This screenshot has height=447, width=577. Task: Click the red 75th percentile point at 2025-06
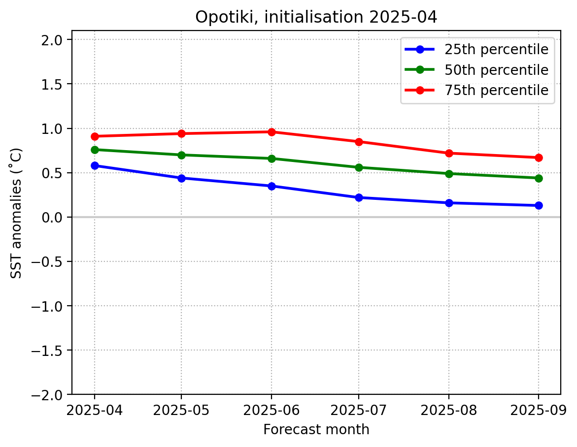coord(272,132)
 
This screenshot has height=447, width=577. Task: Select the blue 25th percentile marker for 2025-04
coord(95,165)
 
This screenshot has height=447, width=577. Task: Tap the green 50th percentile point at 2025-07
coord(359,167)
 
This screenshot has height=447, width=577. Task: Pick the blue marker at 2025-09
coord(539,205)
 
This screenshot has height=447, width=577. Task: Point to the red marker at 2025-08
coord(449,153)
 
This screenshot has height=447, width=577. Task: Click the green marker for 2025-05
coord(182,155)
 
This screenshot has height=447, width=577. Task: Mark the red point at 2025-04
coord(95,136)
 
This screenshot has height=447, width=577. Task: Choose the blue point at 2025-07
coord(359,197)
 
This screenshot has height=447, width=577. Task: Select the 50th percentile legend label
coord(496,70)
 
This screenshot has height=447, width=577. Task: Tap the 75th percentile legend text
coord(496,91)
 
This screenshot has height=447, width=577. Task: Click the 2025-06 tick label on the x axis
coord(272,410)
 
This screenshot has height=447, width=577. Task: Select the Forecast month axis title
coord(316,430)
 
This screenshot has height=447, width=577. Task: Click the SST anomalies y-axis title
coord(16,213)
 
